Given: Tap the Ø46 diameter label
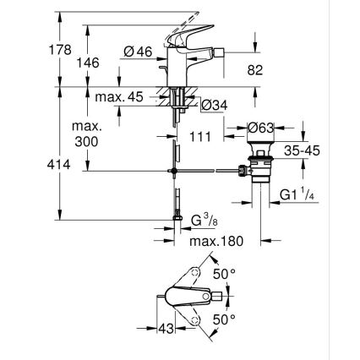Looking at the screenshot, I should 138,52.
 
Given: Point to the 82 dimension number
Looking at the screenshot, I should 254,71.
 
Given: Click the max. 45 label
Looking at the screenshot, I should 118,97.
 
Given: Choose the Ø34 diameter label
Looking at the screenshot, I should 212,105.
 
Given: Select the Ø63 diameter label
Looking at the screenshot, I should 260,128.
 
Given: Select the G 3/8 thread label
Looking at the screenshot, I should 199,222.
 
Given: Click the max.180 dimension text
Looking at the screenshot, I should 215,242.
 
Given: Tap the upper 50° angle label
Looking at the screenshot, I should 222,276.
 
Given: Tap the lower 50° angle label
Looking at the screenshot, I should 222,321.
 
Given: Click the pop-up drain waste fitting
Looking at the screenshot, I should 260,173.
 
